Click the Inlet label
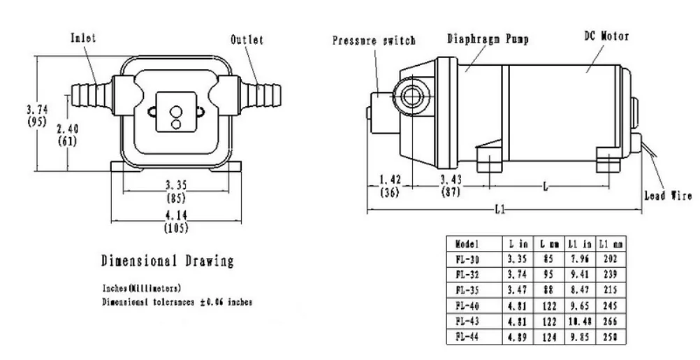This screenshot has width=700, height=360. pos(84,39)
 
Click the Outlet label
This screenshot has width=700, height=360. pos(247,40)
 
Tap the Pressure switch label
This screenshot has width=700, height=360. pos(374,41)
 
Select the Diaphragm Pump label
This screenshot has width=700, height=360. pos(488,39)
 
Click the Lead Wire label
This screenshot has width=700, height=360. pos(667,196)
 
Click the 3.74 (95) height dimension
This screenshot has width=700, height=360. pos(37,115)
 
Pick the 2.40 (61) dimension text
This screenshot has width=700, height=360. pos(67,135)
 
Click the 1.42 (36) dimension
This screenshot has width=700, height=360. pos(389,186)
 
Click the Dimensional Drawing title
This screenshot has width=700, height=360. pos(167,261)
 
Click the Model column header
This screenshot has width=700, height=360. pos(467,245)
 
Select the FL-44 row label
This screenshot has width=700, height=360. pos(467,336)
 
